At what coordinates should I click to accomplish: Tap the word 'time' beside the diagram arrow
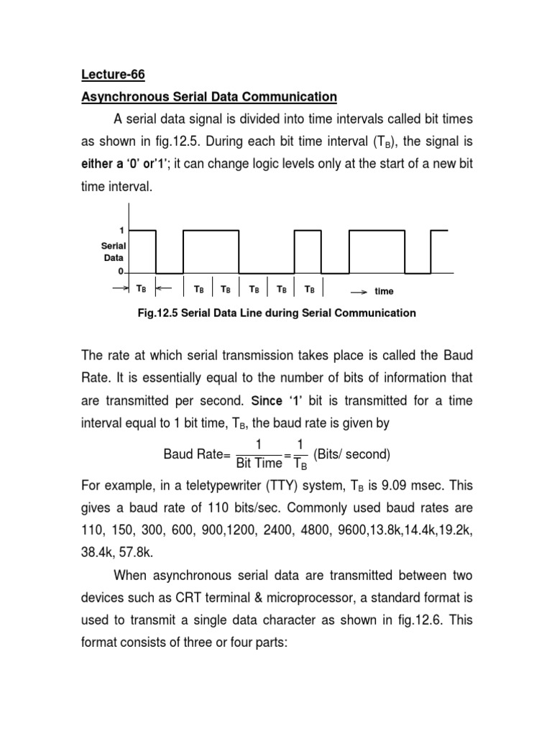[x=385, y=291]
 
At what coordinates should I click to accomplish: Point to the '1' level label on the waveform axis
[x=122, y=231]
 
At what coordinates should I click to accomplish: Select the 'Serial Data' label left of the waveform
[x=114, y=251]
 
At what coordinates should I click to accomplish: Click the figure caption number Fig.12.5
[x=158, y=313]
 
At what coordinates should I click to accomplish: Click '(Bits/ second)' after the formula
[x=353, y=454]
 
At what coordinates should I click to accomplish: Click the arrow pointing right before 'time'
[x=359, y=292]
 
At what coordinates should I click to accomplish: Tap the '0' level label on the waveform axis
[x=121, y=272]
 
